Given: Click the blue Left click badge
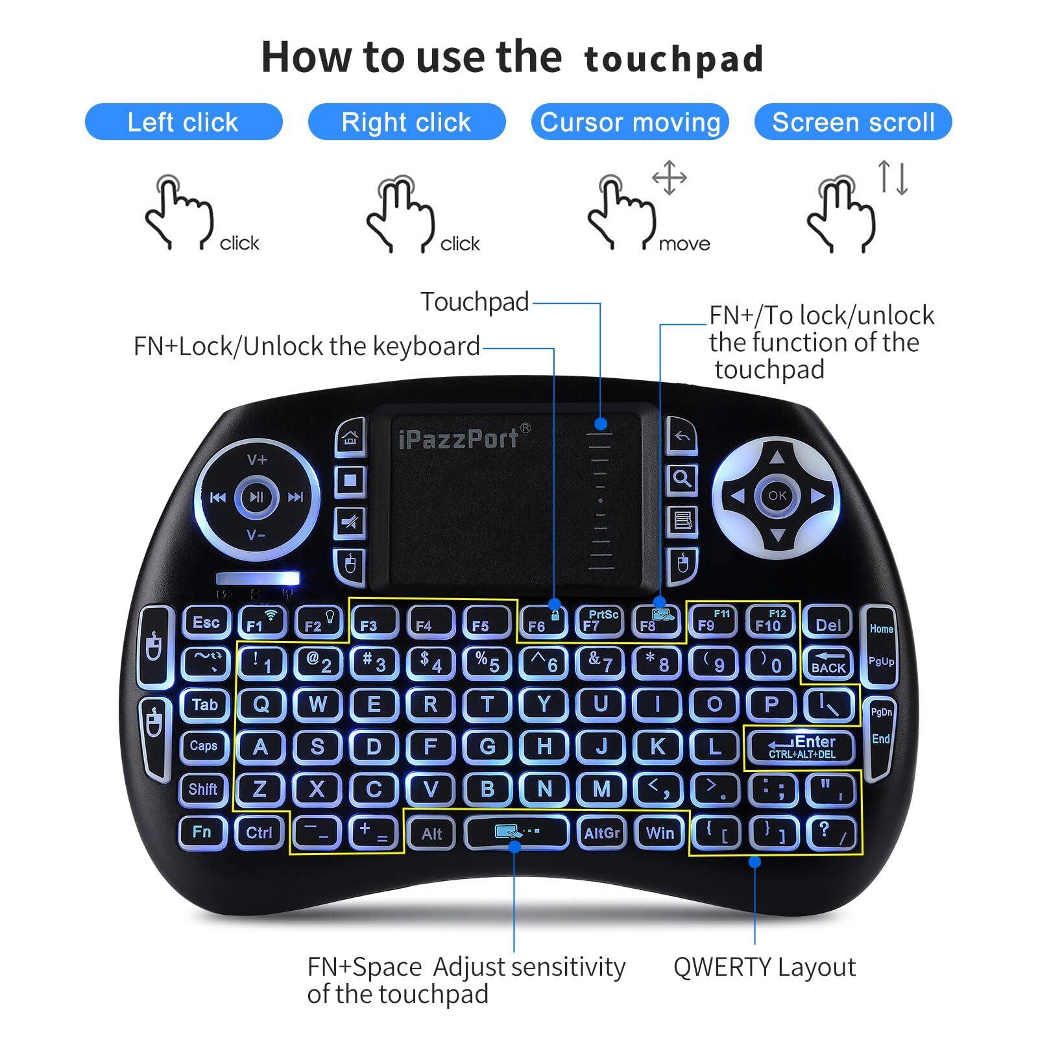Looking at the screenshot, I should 184,122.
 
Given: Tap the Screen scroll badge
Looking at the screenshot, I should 852,122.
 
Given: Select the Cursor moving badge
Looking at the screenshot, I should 629,122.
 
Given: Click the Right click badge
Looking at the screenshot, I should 406,122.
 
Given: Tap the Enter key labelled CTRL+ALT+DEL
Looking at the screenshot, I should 802,747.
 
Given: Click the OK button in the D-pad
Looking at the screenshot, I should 777,496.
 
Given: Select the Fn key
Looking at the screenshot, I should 202,832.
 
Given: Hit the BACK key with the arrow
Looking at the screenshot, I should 828,662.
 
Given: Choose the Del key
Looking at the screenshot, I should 828,624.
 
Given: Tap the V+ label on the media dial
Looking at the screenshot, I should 257,460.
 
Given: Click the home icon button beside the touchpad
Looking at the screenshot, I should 350,438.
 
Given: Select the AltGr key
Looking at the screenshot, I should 601,832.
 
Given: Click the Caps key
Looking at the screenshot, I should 204,746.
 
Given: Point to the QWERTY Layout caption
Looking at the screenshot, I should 764,967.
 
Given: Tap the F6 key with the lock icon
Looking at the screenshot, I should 543,623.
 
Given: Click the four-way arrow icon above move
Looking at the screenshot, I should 669,177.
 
